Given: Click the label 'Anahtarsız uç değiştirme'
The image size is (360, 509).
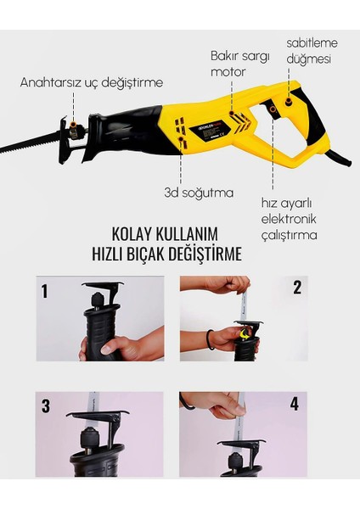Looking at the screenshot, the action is [x=92, y=82].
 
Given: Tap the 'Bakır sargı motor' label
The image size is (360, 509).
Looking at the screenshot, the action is [x=240, y=64].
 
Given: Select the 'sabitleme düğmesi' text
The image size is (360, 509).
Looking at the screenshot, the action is [x=312, y=51].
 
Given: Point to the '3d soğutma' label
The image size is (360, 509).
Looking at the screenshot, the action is [x=199, y=193].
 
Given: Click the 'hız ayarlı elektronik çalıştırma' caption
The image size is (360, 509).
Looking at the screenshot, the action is [x=289, y=219].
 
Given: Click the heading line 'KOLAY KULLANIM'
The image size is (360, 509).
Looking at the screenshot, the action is [x=165, y=234].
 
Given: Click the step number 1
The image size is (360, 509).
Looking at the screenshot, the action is [x=44, y=291].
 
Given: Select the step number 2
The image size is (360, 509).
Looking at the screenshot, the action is [x=297, y=288].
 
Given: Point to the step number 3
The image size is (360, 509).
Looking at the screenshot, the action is [x=46, y=406].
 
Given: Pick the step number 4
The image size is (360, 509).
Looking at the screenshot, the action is [x=294, y=404].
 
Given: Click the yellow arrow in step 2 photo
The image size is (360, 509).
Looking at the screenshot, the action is [x=245, y=334].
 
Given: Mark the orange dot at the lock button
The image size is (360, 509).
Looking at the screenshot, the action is [x=288, y=103].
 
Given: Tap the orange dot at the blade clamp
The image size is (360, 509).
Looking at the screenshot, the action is [x=74, y=125].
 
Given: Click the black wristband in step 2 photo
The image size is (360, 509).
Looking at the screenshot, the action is [x=211, y=339].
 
